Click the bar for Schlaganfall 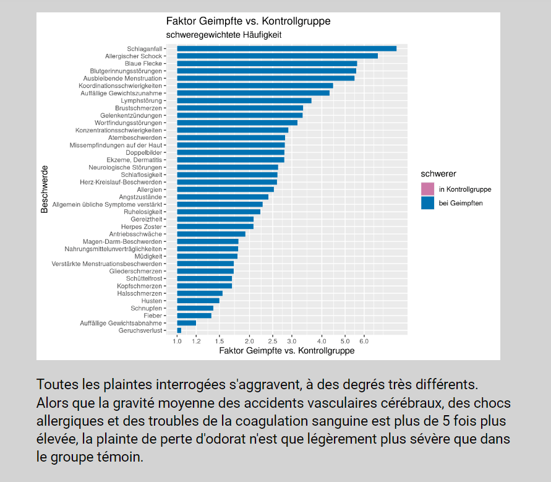(x=286, y=48)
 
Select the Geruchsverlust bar (x=179, y=330)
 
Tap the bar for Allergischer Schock (x=277, y=56)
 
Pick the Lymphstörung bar (x=244, y=100)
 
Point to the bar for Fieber (x=194, y=316)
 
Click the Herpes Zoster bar (x=215, y=226)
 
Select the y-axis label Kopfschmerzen (x=140, y=286)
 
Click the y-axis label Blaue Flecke (x=143, y=63)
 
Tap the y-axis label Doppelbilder (x=144, y=152)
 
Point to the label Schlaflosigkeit (x=142, y=174)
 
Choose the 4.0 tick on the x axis (x=322, y=341)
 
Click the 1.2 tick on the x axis (x=196, y=341)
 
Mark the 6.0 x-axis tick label (x=364, y=341)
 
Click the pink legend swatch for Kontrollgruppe (x=427, y=189)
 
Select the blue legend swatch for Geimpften (x=427, y=203)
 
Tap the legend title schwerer (x=438, y=174)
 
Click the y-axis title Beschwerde (x=45, y=189)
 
